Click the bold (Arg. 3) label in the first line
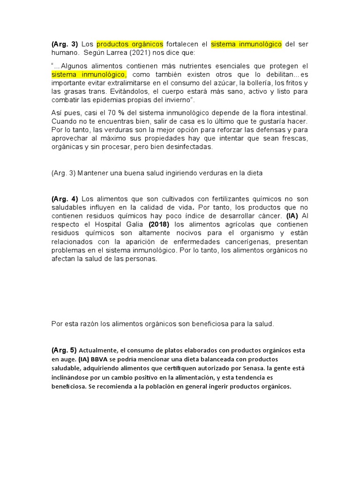(x=65, y=44)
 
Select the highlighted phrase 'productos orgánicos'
(x=130, y=44)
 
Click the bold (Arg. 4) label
(x=65, y=199)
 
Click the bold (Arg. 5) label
(x=64, y=350)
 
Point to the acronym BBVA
(x=102, y=359)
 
